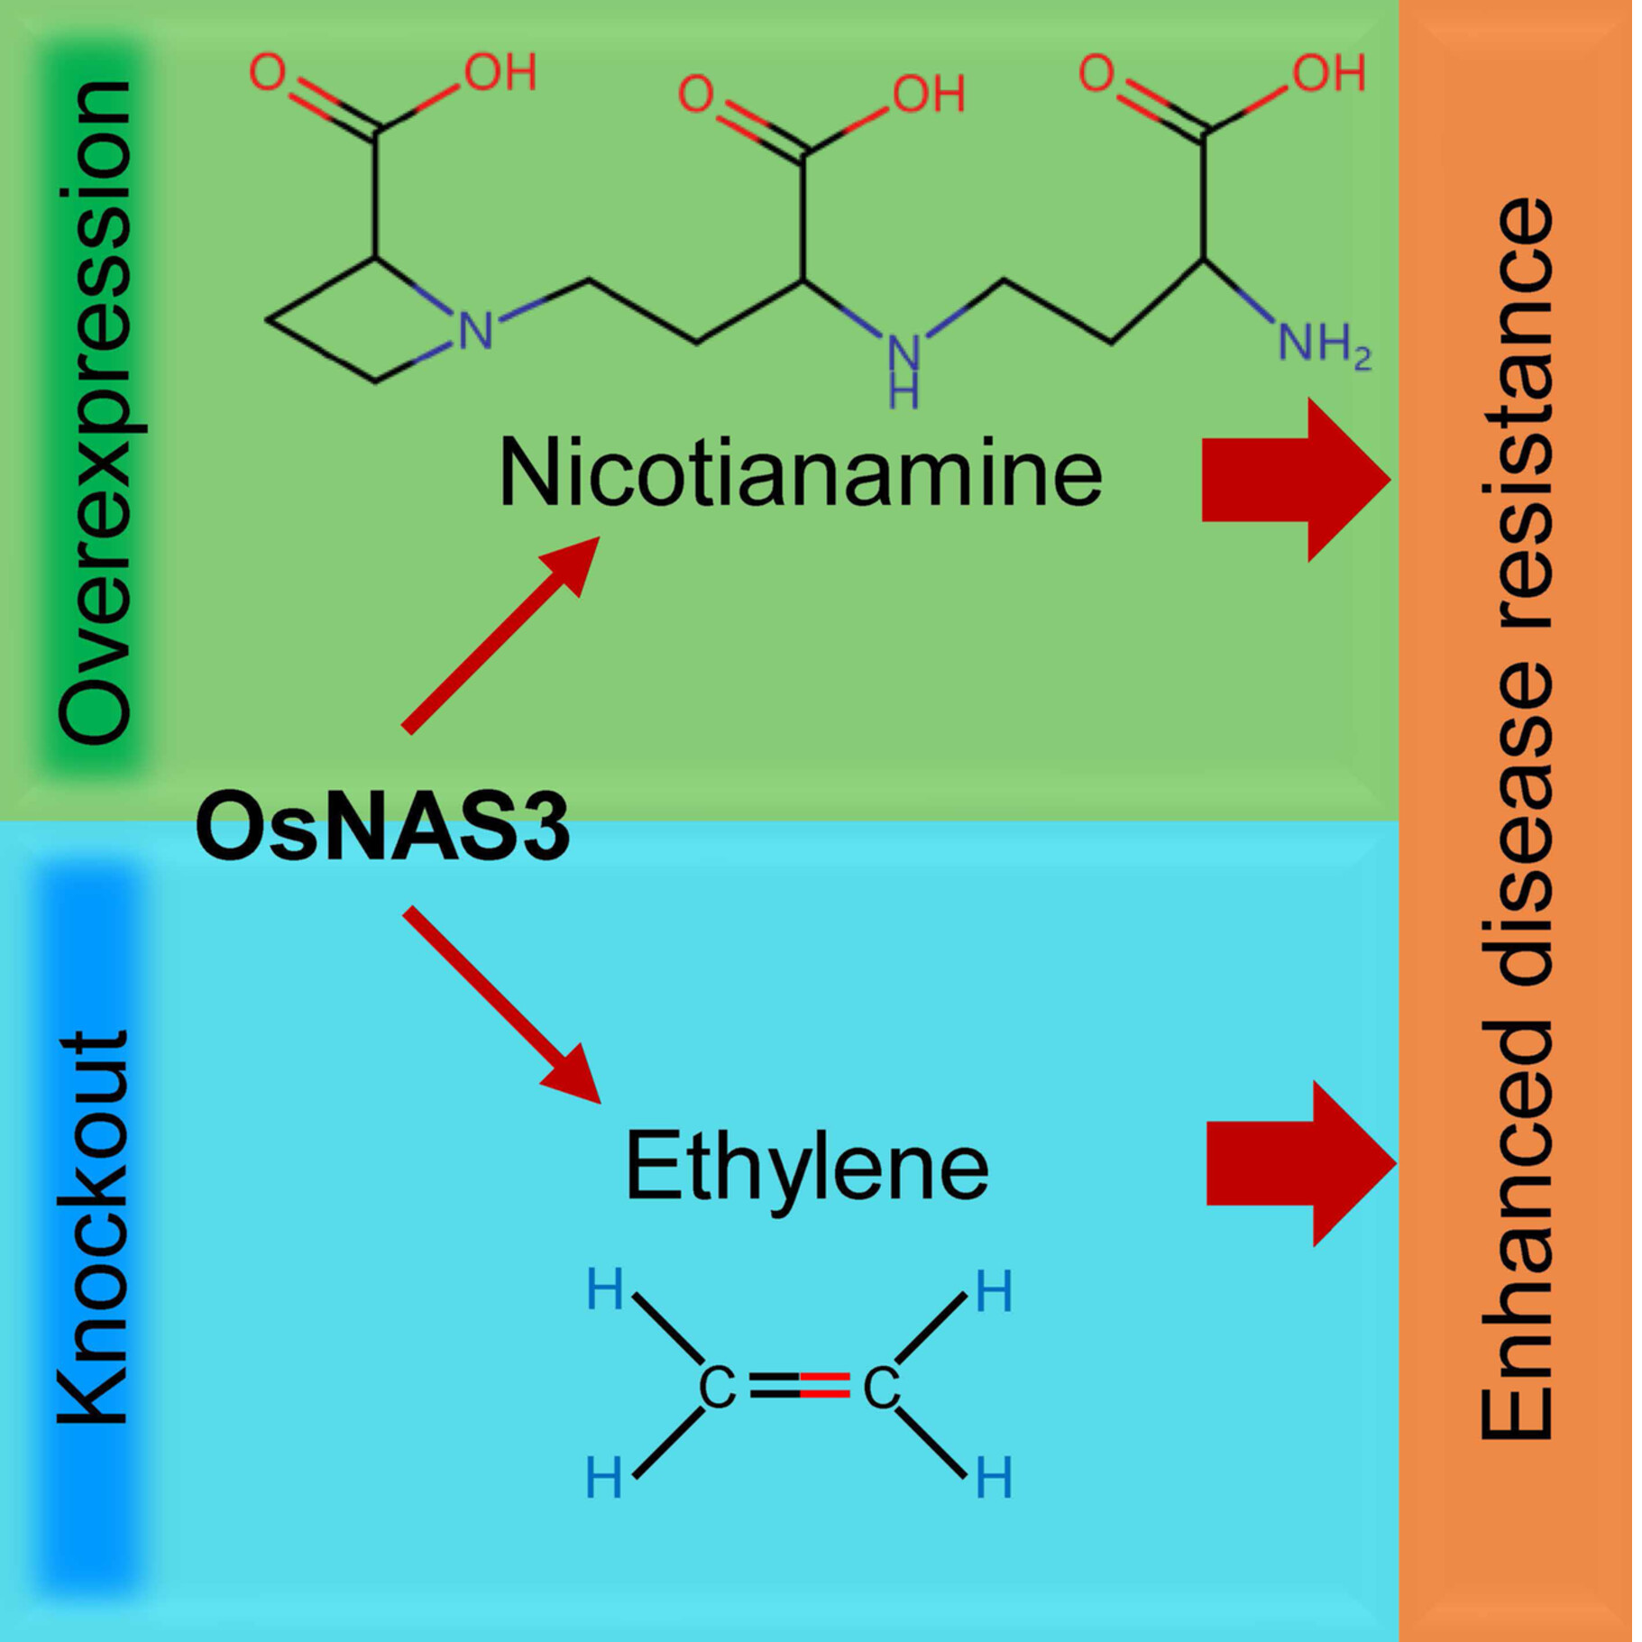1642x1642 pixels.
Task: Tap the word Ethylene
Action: pyautogui.click(x=806, y=1167)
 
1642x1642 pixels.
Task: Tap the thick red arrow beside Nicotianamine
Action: pyautogui.click(x=1295, y=480)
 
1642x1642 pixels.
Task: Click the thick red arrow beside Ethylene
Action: pyautogui.click(x=1299, y=1163)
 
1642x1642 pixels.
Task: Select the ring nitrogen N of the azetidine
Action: pyautogui.click(x=475, y=331)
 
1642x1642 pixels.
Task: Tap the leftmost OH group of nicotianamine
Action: pyautogui.click(x=500, y=72)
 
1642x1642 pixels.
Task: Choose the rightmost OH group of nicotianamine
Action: pyautogui.click(x=1328, y=73)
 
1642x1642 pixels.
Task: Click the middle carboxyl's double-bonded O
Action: pyautogui.click(x=695, y=93)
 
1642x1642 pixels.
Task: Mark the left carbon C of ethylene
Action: pyautogui.click(x=717, y=1388)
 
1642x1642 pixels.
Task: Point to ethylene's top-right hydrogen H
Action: pyautogui.click(x=994, y=1292)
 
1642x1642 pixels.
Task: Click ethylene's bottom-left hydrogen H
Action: pyautogui.click(x=603, y=1479)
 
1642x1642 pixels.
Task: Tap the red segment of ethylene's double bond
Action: pyautogui.click(x=824, y=1384)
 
